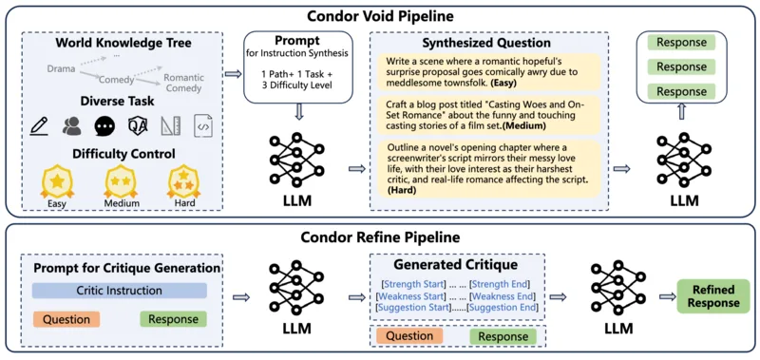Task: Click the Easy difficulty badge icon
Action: [x=57, y=181]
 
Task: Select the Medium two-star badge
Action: [x=120, y=181]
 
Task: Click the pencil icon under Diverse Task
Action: [x=39, y=125]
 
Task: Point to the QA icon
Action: [x=137, y=125]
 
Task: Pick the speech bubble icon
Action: [x=104, y=125]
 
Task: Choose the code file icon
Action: [x=203, y=125]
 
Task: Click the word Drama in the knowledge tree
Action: [x=61, y=68]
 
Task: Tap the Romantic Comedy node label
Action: [x=183, y=83]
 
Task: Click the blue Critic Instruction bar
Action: [x=120, y=291]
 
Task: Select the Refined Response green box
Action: [x=713, y=296]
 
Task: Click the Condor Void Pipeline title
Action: [x=381, y=16]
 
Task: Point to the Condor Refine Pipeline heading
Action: [x=381, y=237]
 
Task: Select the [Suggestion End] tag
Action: [x=502, y=307]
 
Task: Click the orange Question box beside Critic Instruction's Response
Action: [x=66, y=319]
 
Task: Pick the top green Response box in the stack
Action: [x=681, y=42]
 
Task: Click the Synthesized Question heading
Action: [x=486, y=43]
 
